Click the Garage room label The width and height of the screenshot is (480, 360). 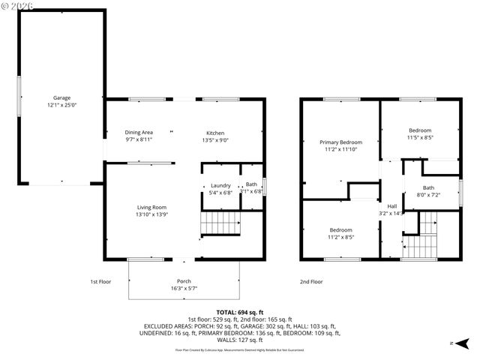(61, 97)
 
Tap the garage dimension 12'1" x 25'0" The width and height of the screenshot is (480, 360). (61, 106)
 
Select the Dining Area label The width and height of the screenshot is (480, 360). (139, 132)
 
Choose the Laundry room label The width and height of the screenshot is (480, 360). (220, 185)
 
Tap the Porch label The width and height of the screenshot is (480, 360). (184, 281)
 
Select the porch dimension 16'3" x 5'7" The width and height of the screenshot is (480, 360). (184, 289)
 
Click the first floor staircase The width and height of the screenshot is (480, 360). (221, 223)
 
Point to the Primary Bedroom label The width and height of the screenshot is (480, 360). (340, 142)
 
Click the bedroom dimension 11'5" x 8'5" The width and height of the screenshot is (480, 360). (420, 137)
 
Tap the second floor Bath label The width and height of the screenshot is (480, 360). (428, 187)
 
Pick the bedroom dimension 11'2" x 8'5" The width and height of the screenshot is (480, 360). (340, 237)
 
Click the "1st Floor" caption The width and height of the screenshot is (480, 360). (101, 282)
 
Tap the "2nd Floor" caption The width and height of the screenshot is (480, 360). (311, 282)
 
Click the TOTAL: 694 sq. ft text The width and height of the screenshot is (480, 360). (239, 311)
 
